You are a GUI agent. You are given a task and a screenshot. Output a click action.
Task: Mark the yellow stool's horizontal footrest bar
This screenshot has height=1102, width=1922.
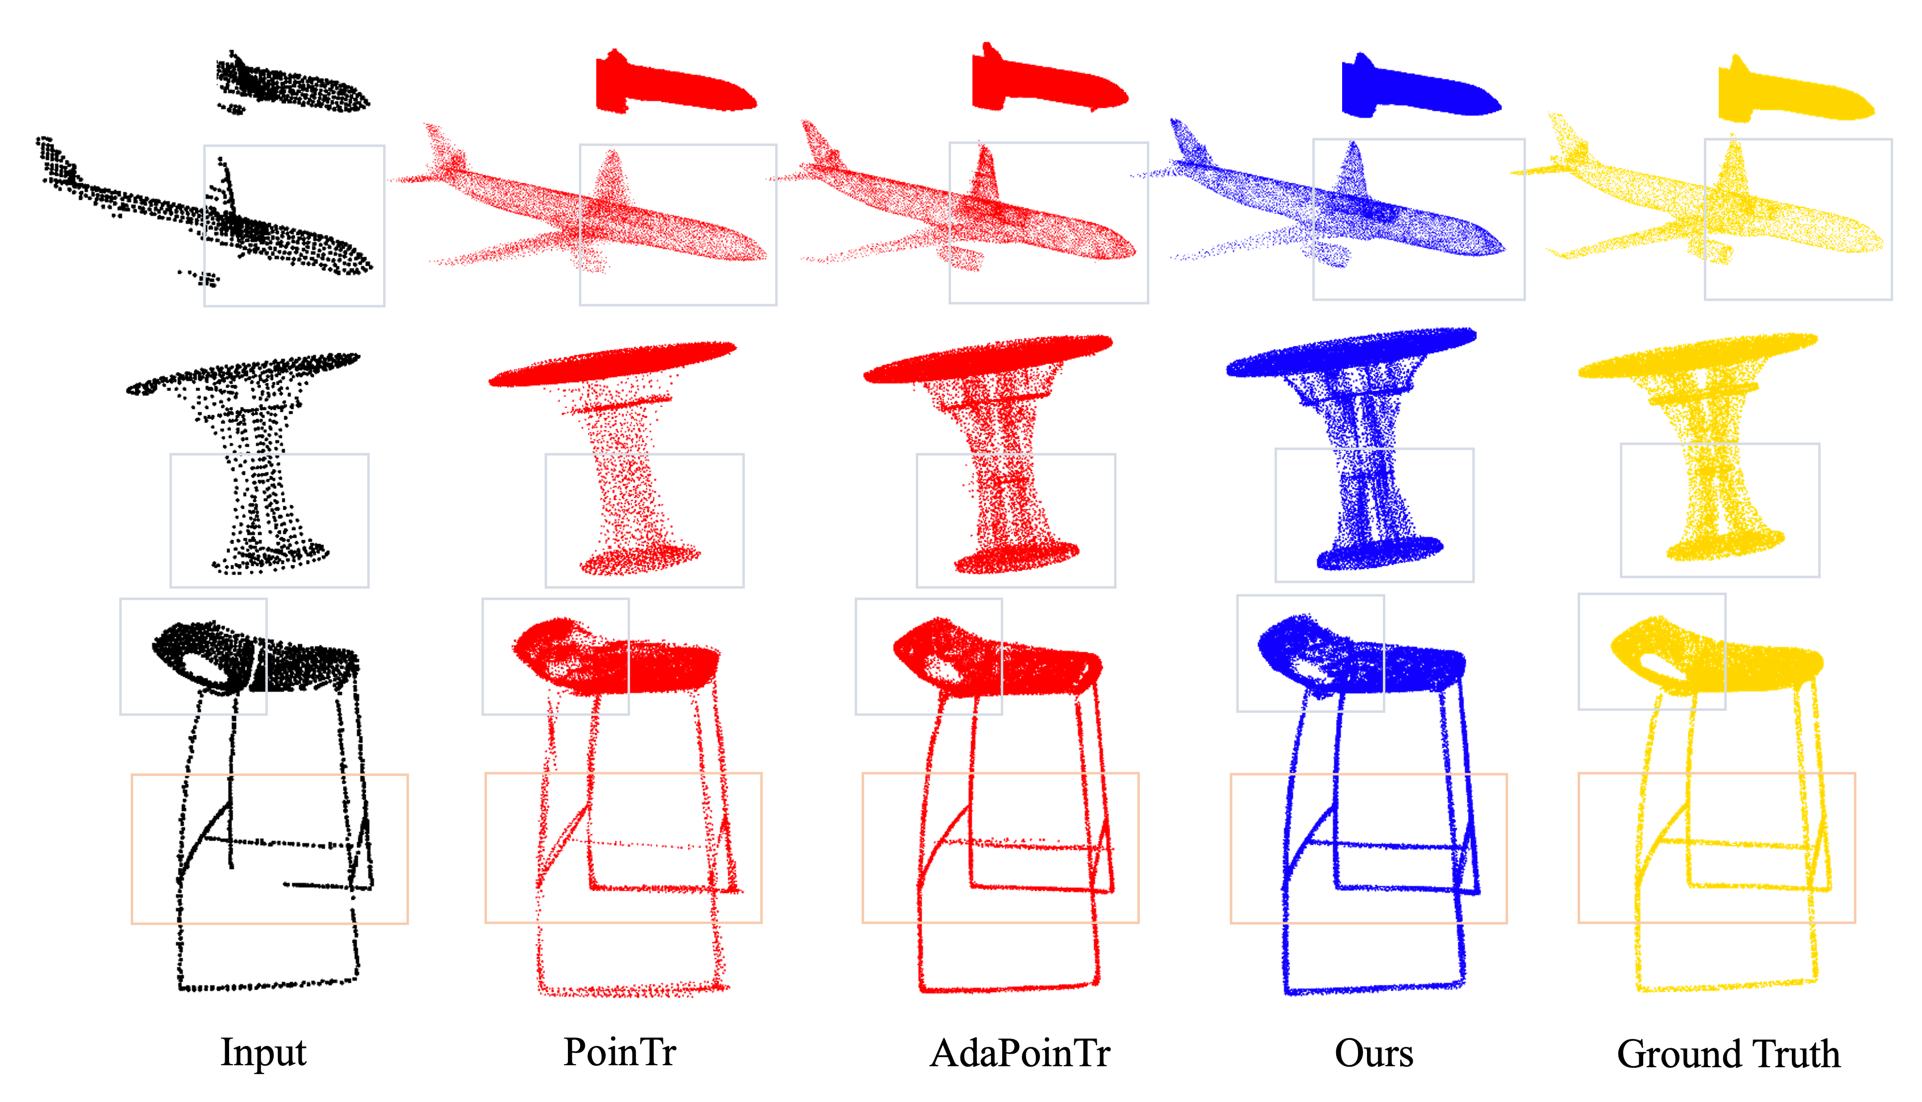pyautogui.click(x=1741, y=844)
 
